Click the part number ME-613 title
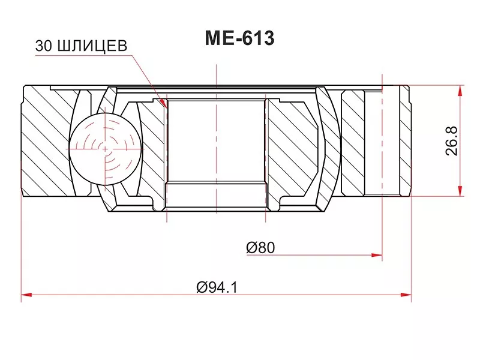239,38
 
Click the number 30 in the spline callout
43,46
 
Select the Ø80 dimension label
260,247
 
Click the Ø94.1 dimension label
217,287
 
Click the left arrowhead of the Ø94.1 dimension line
25,295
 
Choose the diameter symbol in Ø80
251,247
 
